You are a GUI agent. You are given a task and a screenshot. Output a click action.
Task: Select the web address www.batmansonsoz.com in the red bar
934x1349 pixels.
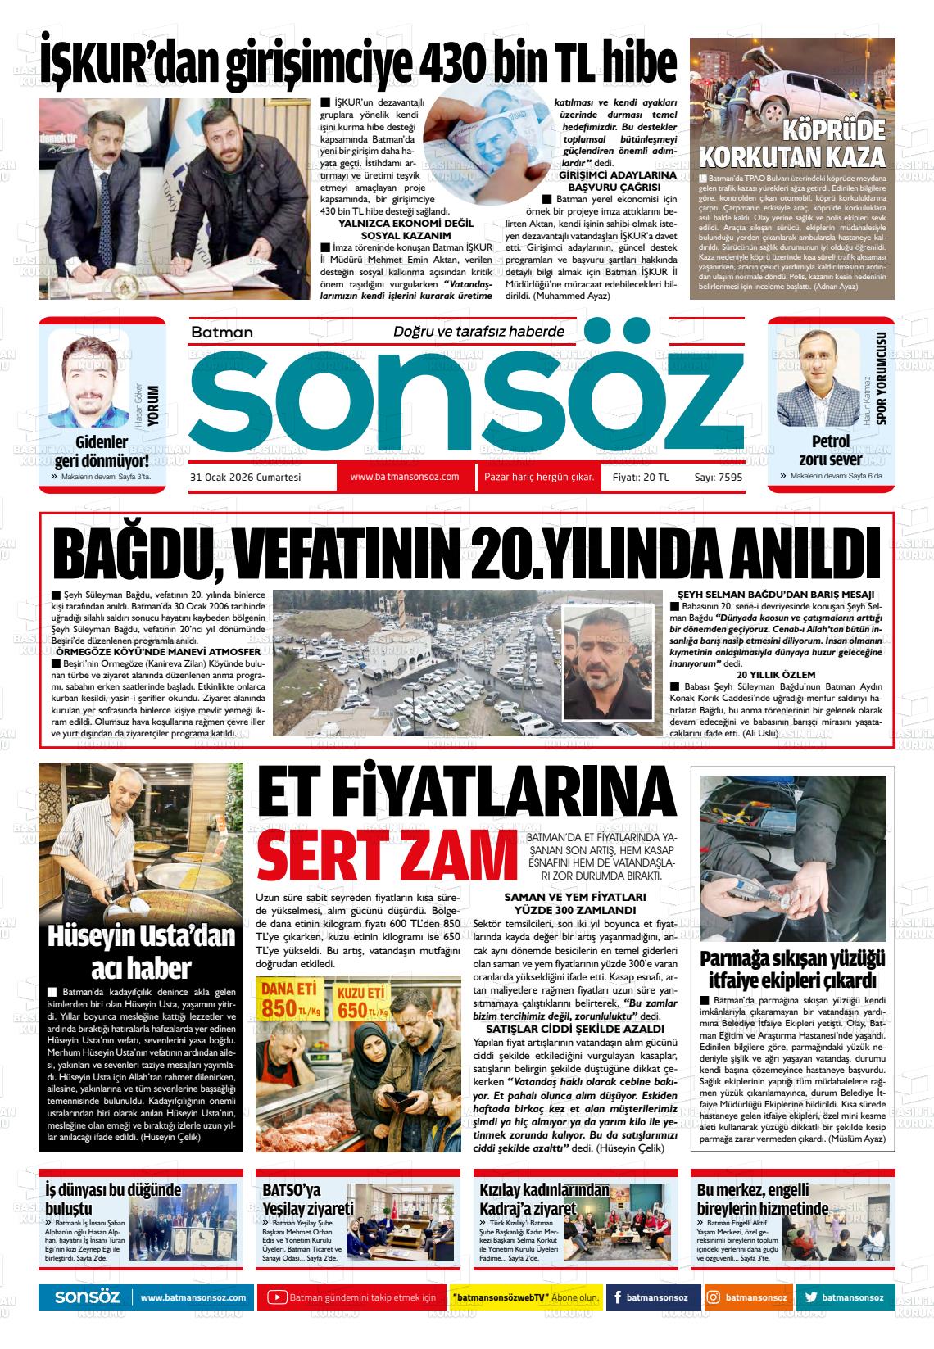pos(404,477)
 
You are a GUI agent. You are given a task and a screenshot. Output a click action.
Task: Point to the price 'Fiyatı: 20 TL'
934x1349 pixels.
pos(641,478)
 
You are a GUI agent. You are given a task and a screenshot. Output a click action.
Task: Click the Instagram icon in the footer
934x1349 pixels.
pos(713,1298)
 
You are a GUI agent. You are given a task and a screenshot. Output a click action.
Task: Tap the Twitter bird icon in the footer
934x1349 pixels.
pos(811,1298)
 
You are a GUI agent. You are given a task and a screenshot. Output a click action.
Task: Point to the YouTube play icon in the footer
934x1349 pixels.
pos(278,1298)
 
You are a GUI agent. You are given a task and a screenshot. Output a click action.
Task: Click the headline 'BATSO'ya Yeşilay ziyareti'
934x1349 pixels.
pos(308,1199)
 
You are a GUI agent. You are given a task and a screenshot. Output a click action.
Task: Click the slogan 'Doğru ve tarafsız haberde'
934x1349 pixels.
pos(479,332)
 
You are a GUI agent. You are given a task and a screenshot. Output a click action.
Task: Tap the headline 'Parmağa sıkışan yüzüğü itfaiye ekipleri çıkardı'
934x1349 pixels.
pos(792,970)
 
